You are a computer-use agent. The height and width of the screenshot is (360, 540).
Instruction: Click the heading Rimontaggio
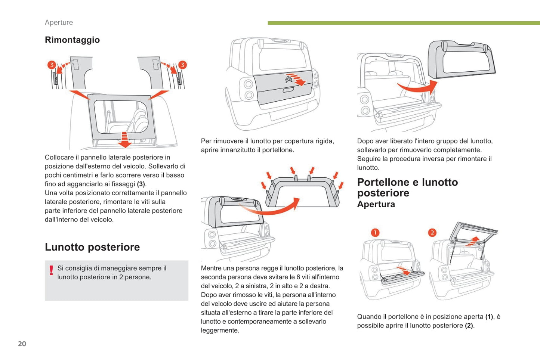72,40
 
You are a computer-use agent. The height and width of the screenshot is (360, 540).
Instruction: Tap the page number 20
22,344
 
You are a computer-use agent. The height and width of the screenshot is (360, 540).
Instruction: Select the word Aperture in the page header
59,22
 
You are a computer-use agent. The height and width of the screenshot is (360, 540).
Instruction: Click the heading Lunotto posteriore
92,247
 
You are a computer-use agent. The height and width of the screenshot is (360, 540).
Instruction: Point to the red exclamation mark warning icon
51,270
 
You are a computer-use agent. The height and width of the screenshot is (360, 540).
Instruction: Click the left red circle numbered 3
52,65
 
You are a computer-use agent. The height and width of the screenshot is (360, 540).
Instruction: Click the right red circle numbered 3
182,65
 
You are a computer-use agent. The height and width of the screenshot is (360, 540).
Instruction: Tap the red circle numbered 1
375,233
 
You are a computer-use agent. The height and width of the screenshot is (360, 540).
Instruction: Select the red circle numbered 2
432,233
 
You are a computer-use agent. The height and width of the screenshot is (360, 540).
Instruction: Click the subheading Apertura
376,204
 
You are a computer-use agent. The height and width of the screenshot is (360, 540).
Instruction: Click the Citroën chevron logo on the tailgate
288,79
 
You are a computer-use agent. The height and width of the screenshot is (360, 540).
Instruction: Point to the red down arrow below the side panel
124,139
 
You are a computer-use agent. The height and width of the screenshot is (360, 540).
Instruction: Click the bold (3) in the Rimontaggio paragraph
141,184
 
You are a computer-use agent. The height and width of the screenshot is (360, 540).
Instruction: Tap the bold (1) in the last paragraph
489,317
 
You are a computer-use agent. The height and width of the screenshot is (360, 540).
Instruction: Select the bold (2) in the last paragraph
469,326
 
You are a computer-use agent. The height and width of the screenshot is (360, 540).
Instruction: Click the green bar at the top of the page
404,23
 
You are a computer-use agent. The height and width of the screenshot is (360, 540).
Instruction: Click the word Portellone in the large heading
384,182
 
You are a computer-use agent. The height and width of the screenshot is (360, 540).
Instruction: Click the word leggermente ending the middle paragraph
220,330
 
